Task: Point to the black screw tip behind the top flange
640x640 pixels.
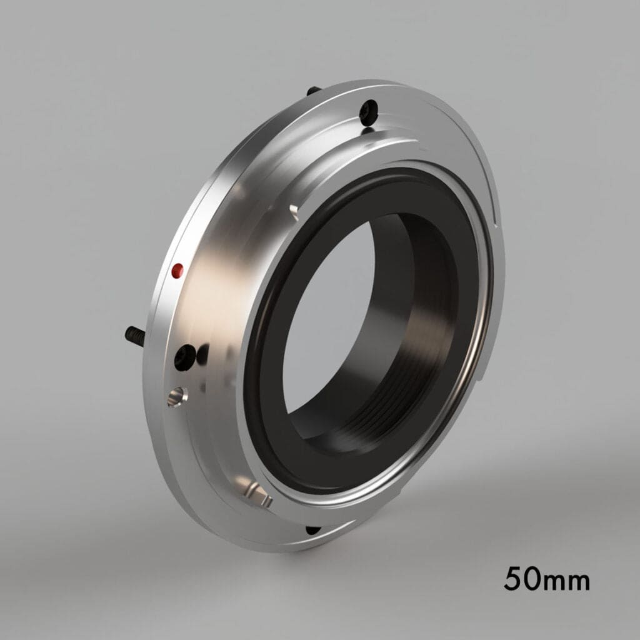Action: (311, 91)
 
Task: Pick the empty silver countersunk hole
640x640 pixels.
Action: (176, 396)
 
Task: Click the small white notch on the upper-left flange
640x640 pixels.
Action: (292, 209)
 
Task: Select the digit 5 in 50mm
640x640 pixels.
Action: (514, 579)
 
